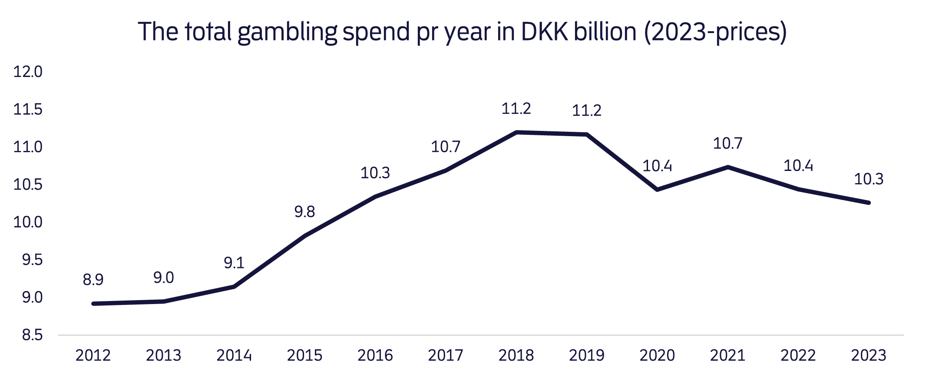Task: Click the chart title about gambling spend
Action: pos(462,32)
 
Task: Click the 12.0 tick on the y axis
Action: pos(28,72)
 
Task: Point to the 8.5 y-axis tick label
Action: pos(32,335)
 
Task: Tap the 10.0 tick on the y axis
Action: pos(28,222)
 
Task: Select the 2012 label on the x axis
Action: pos(93,356)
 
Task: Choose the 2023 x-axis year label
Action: pos(868,356)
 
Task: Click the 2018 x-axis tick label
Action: pos(516,356)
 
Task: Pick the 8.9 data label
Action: pos(93,280)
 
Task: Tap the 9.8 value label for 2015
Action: pos(304,212)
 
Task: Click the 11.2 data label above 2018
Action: pos(516,109)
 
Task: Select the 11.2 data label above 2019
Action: pos(586,111)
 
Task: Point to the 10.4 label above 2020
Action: pos(657,166)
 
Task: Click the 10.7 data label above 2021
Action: pos(728,143)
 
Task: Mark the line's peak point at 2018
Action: pos(516,132)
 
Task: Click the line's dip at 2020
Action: pos(657,190)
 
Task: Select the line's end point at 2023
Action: pos(869,203)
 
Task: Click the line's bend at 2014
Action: pos(234,287)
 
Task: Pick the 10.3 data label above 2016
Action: pos(375,173)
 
